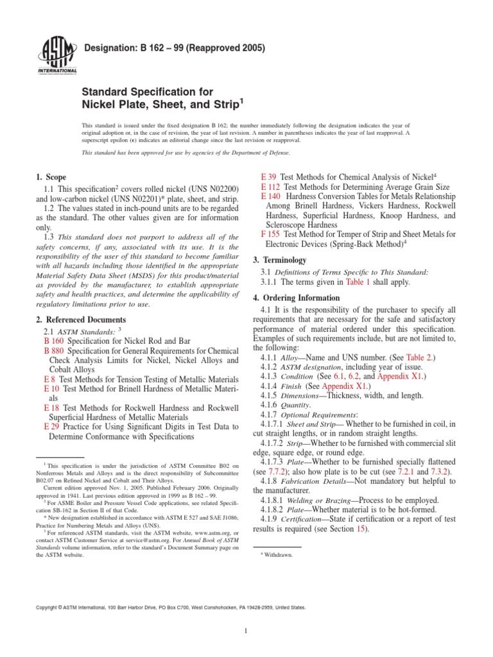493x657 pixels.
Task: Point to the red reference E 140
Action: point(270,194)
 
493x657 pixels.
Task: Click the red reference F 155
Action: point(270,234)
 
